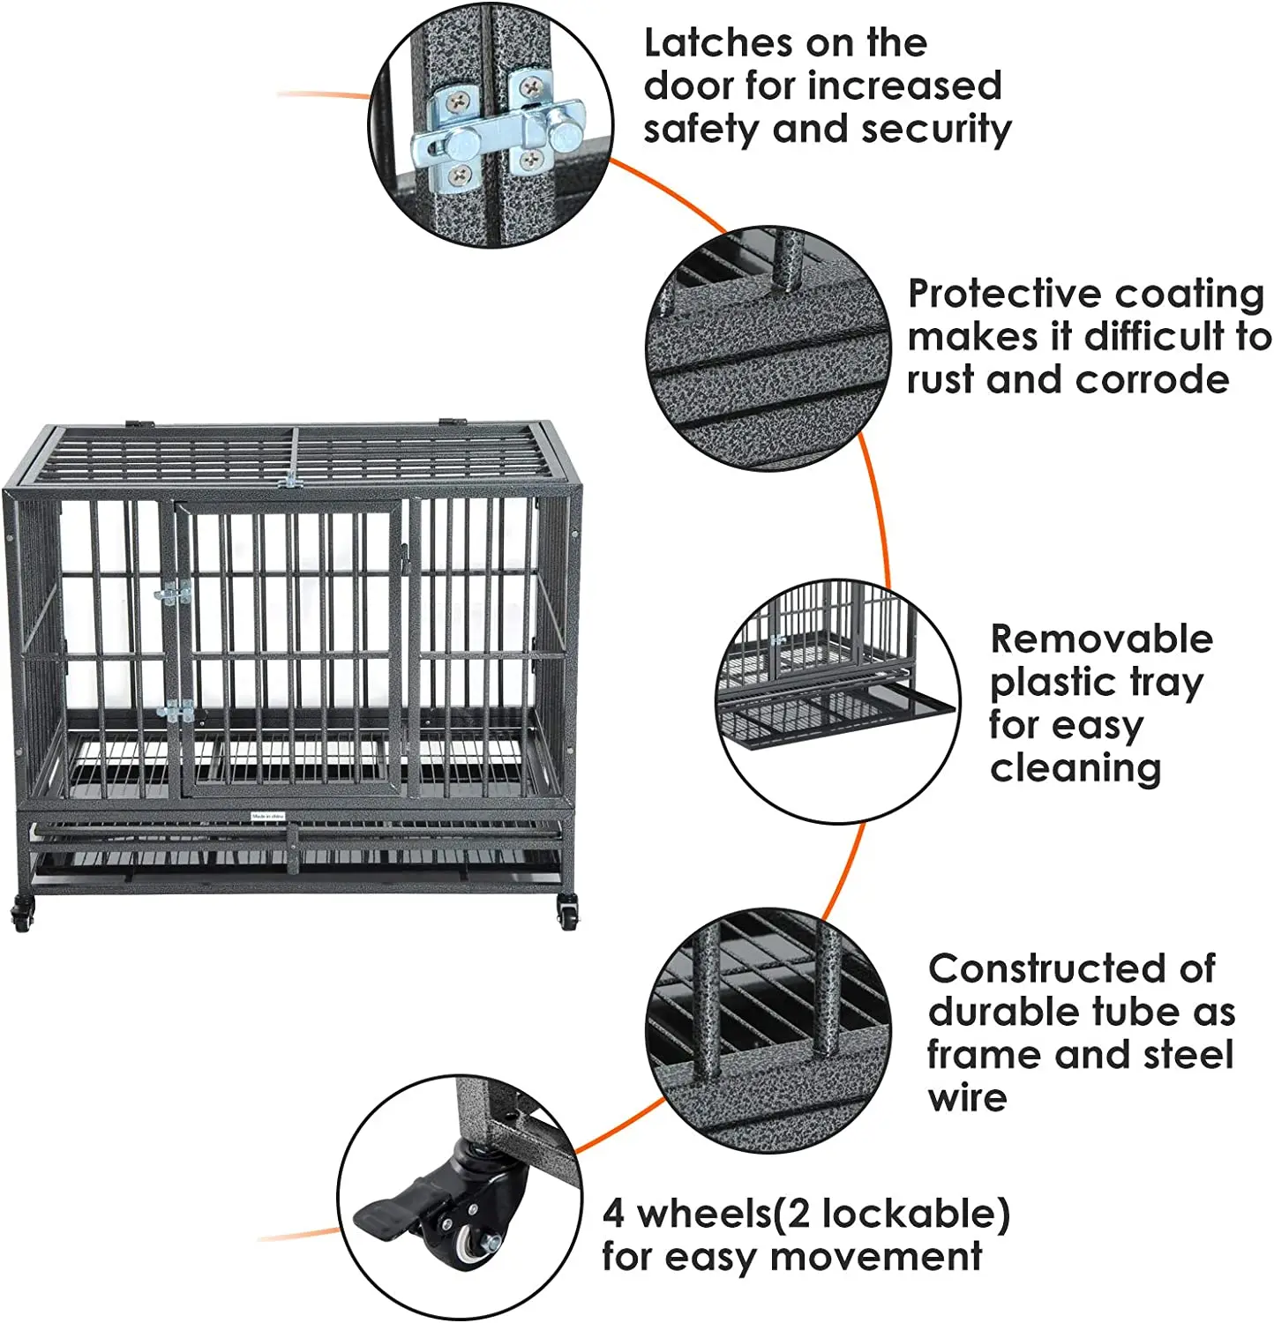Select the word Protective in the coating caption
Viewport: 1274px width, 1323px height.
tap(1002, 294)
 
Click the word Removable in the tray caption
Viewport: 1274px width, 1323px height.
tap(1100, 639)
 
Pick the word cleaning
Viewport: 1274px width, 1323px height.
tap(1075, 768)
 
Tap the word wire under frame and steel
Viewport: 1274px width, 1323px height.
tap(967, 1098)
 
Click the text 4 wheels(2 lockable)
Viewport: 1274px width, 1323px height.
tap(806, 1214)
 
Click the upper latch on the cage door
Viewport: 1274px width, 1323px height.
tap(174, 594)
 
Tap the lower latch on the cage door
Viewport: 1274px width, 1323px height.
tap(179, 710)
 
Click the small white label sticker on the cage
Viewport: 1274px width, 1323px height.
tap(267, 817)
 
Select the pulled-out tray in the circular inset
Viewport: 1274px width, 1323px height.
tap(829, 719)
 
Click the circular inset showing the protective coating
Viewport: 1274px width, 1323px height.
tap(768, 349)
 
